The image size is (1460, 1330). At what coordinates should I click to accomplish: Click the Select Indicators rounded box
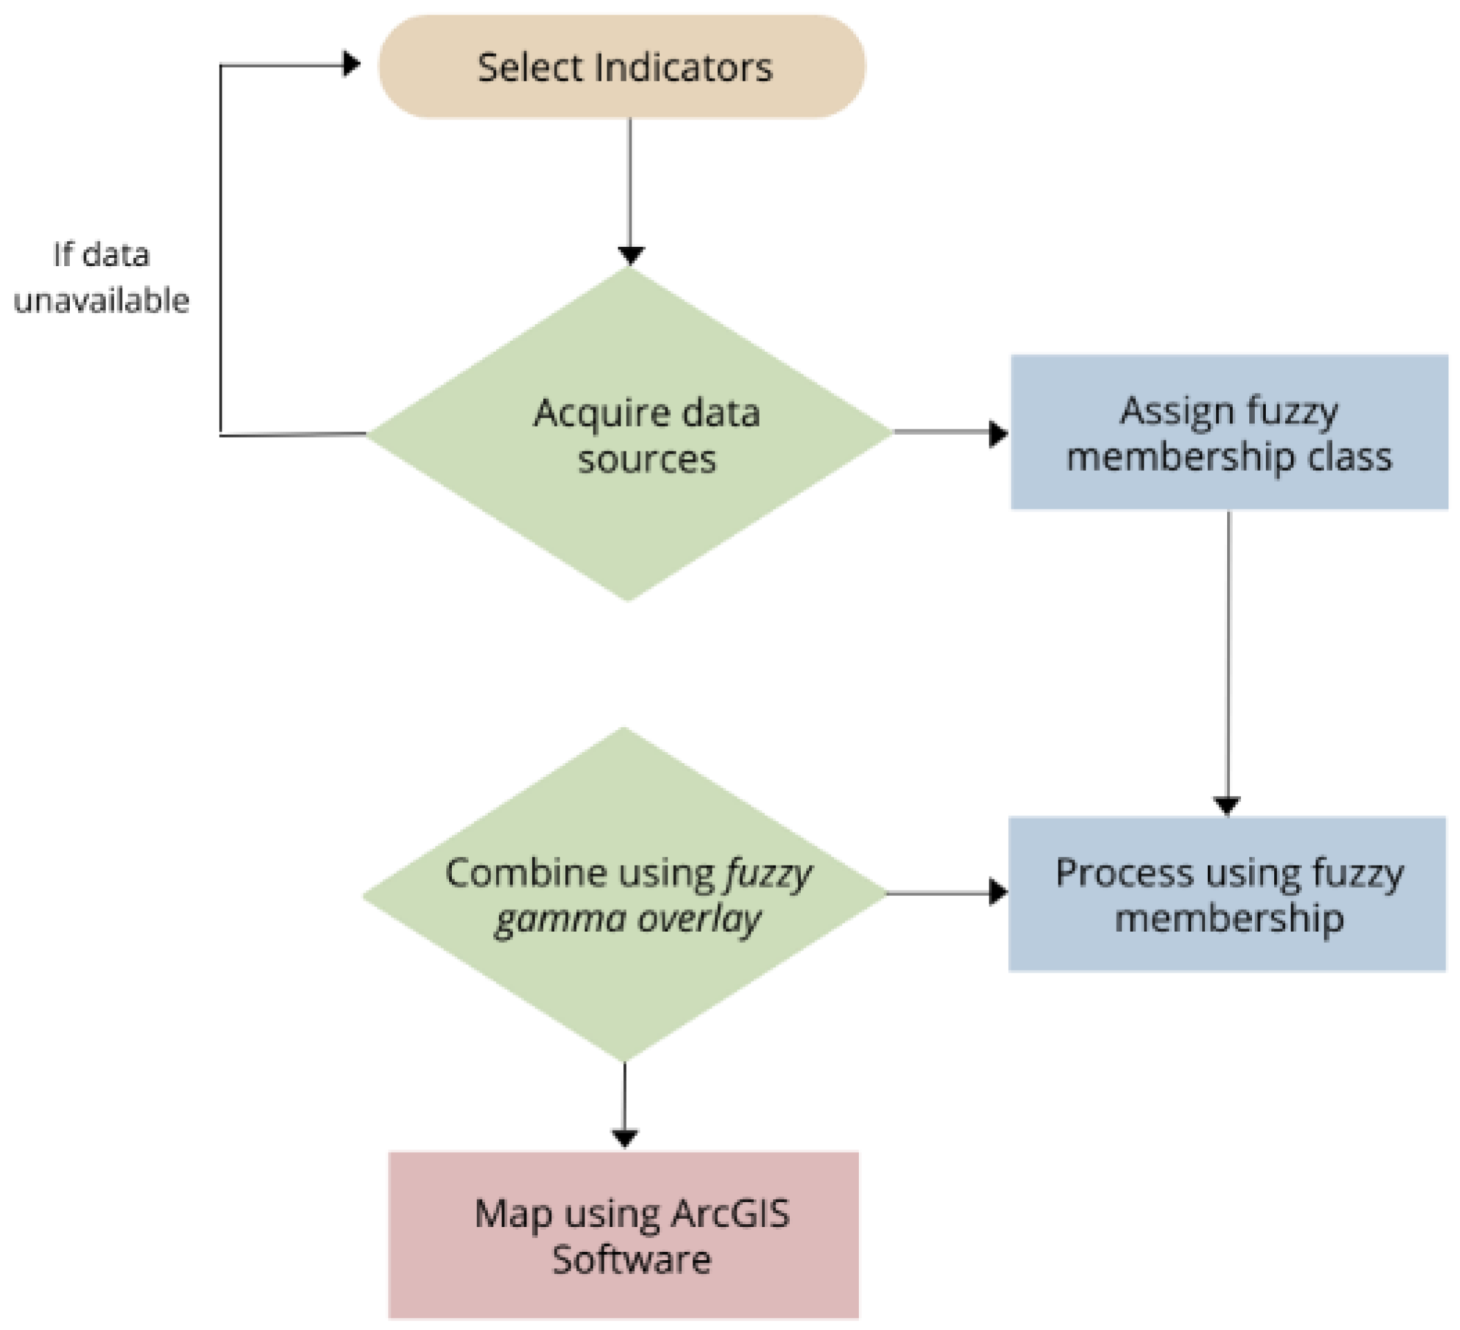click(x=621, y=66)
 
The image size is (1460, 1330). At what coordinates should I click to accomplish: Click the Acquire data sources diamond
click(x=629, y=435)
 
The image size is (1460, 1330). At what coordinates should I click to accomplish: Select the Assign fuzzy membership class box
click(x=1229, y=433)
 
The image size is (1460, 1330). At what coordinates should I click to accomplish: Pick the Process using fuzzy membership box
click(x=1227, y=894)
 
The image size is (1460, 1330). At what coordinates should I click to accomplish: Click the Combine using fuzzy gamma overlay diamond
click(x=624, y=894)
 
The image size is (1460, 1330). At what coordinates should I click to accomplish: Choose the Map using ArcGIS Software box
click(x=623, y=1235)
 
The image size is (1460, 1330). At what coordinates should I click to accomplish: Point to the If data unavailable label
click(x=102, y=277)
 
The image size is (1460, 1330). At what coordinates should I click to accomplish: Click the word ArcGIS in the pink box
click(x=729, y=1213)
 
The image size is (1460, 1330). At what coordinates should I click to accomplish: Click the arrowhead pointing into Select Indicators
click(x=352, y=64)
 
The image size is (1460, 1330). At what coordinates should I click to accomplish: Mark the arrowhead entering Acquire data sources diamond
click(x=631, y=256)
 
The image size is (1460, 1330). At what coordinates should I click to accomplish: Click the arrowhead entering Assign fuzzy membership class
click(x=998, y=434)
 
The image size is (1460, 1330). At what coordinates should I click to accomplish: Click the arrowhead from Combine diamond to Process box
click(x=998, y=892)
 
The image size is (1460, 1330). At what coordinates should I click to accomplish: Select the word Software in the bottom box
click(x=632, y=1259)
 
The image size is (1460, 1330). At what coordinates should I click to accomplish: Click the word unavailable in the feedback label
click(x=102, y=301)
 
